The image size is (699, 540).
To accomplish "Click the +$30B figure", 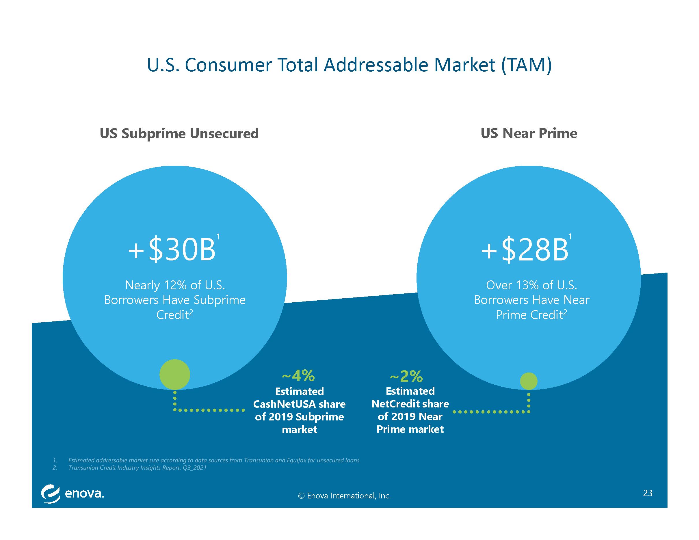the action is click(172, 250).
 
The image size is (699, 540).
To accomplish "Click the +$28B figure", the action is click(525, 250).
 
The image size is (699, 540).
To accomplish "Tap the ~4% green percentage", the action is click(298, 376).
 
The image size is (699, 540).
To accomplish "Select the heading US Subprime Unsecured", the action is click(179, 133).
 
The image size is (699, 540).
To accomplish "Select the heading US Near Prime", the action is click(529, 133).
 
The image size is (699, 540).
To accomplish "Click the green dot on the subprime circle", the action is click(175, 374).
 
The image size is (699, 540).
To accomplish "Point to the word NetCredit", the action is click(396, 404).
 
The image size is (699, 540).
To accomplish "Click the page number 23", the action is click(648, 493).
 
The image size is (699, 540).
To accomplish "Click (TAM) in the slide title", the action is click(527, 65).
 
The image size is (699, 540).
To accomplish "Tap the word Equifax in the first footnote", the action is click(296, 460).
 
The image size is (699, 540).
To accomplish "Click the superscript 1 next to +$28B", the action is click(570, 237).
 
